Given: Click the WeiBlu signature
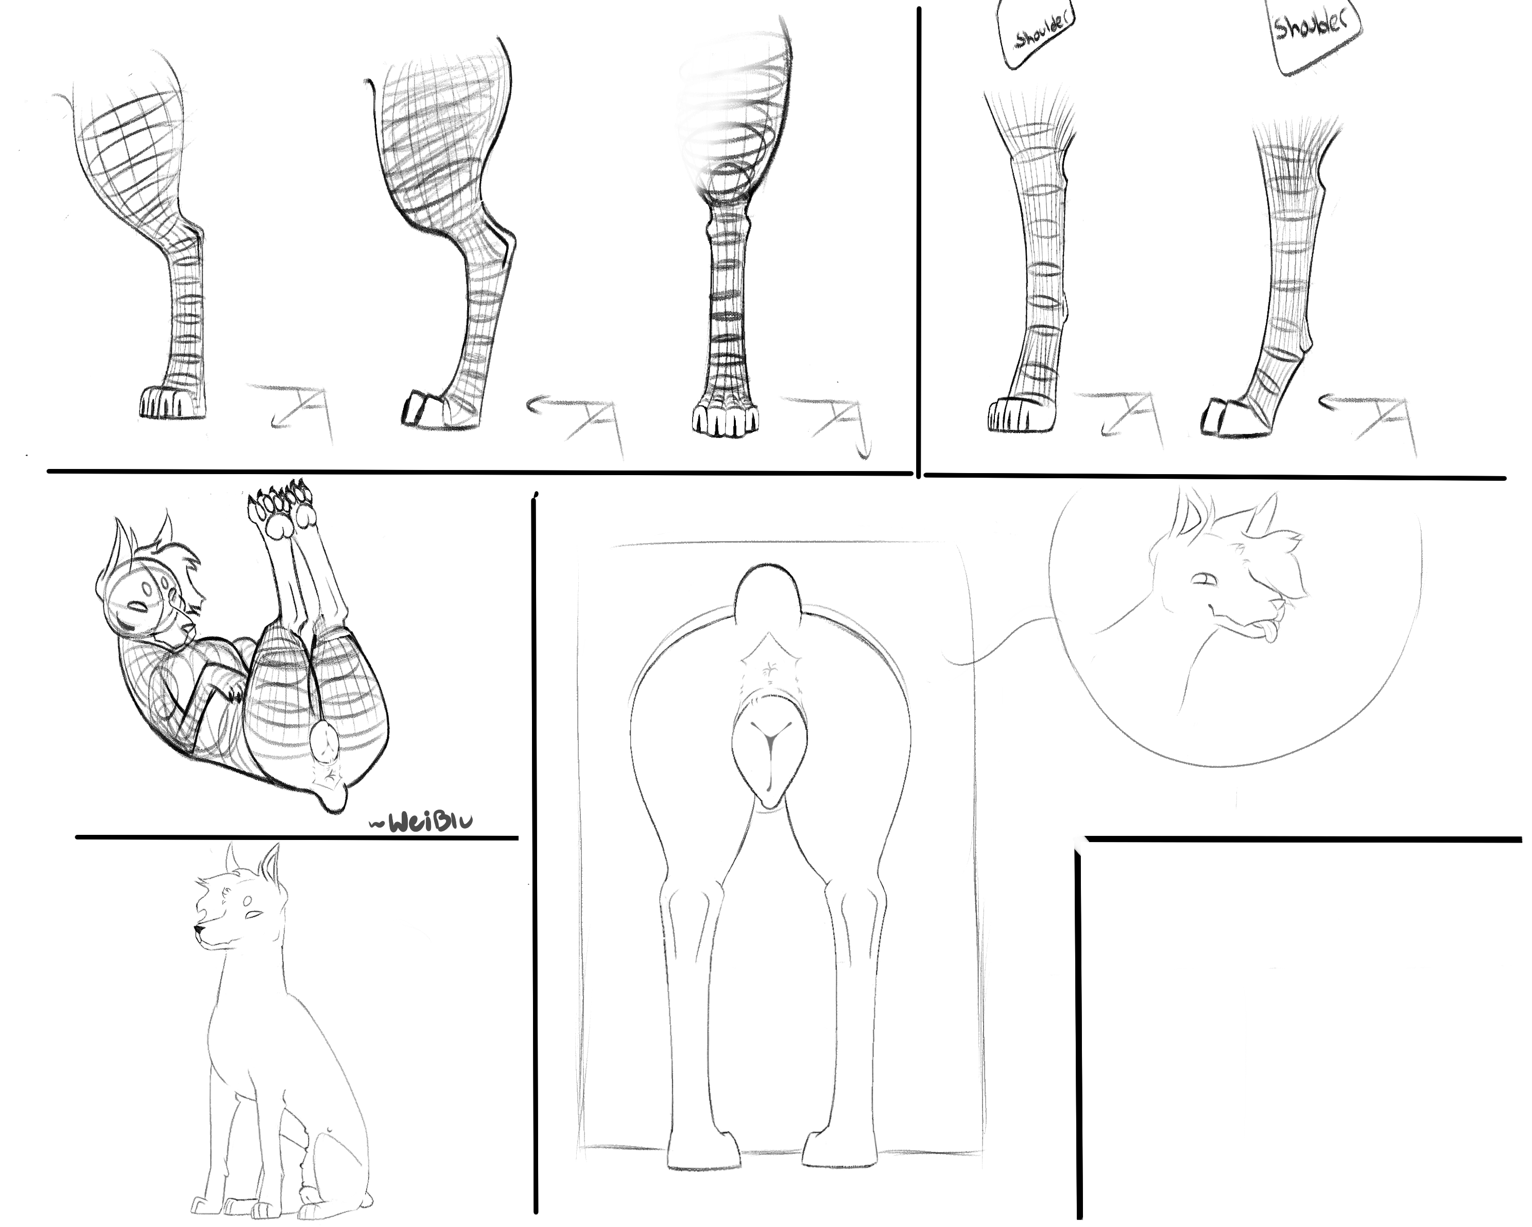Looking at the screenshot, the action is [421, 822].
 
